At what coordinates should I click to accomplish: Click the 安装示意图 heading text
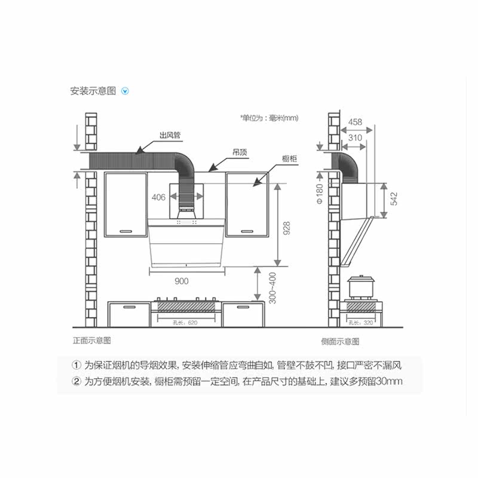tap(93, 91)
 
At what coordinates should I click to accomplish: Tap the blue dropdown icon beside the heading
tap(125, 91)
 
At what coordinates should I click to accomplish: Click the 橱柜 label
tap(290, 158)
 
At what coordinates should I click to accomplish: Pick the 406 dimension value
tap(158, 197)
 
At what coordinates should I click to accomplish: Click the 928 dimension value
tap(287, 228)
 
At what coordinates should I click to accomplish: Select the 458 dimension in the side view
tap(355, 122)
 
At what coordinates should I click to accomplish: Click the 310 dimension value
tap(355, 138)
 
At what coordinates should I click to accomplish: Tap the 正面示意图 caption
tap(91, 341)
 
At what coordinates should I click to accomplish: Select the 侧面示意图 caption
tap(339, 341)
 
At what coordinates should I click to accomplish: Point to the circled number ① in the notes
tap(76, 365)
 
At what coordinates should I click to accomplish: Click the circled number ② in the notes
tap(76, 381)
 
